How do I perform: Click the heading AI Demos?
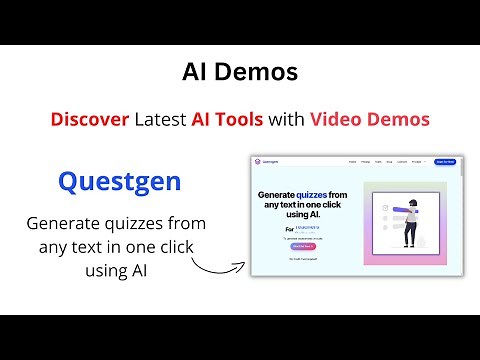click(x=240, y=72)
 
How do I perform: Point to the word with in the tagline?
click(x=289, y=119)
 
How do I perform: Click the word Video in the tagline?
click(x=336, y=119)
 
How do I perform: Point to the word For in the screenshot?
click(x=263, y=230)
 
